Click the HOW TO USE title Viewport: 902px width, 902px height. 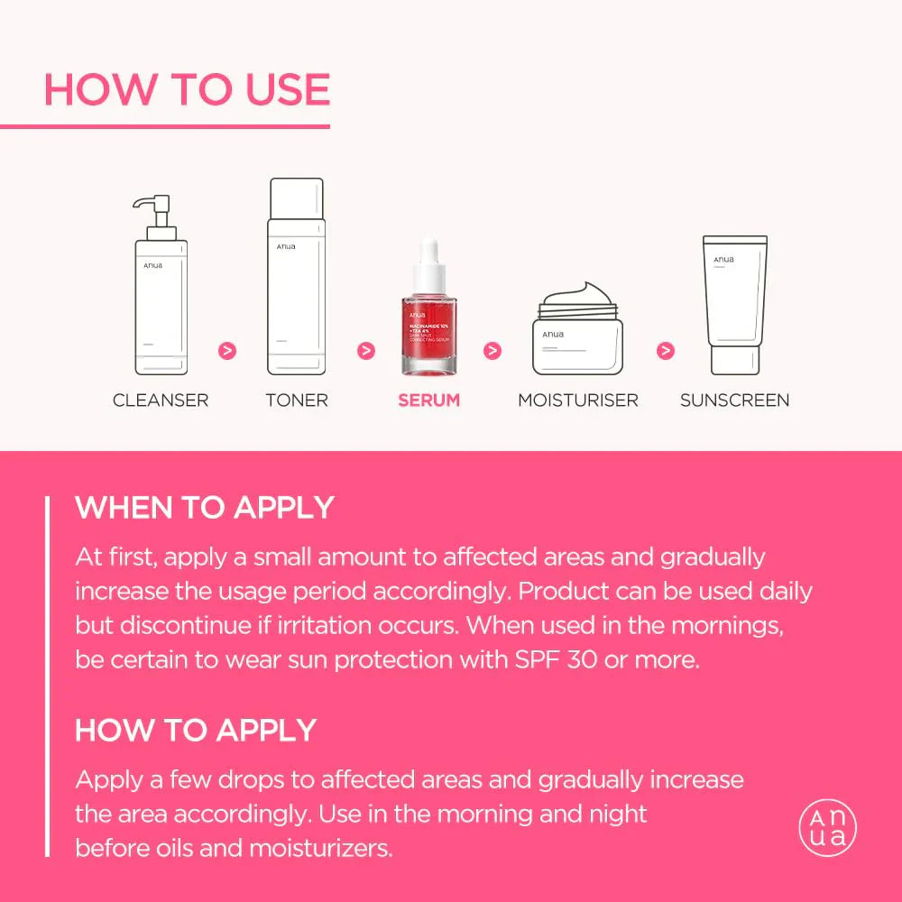pyautogui.click(x=187, y=89)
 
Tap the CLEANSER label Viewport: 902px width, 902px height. pyautogui.click(x=161, y=400)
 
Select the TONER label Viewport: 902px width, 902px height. pyautogui.click(x=297, y=400)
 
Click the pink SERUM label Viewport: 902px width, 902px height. pyautogui.click(x=429, y=400)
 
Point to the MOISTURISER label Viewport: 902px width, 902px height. pyautogui.click(x=578, y=400)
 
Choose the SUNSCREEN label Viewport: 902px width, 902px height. pyautogui.click(x=735, y=400)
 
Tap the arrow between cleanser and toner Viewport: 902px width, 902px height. pyautogui.click(x=227, y=350)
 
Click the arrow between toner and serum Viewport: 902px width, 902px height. pyautogui.click(x=365, y=350)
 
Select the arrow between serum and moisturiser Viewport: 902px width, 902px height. pyautogui.click(x=492, y=350)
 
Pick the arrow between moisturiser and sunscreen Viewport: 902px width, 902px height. pyautogui.click(x=666, y=350)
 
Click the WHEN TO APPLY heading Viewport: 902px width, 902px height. pyautogui.click(x=205, y=508)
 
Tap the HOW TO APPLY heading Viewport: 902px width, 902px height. pyautogui.click(x=196, y=730)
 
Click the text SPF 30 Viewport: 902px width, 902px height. pyautogui.click(x=548, y=659)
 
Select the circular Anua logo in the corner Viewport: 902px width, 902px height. pyautogui.click(x=827, y=828)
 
